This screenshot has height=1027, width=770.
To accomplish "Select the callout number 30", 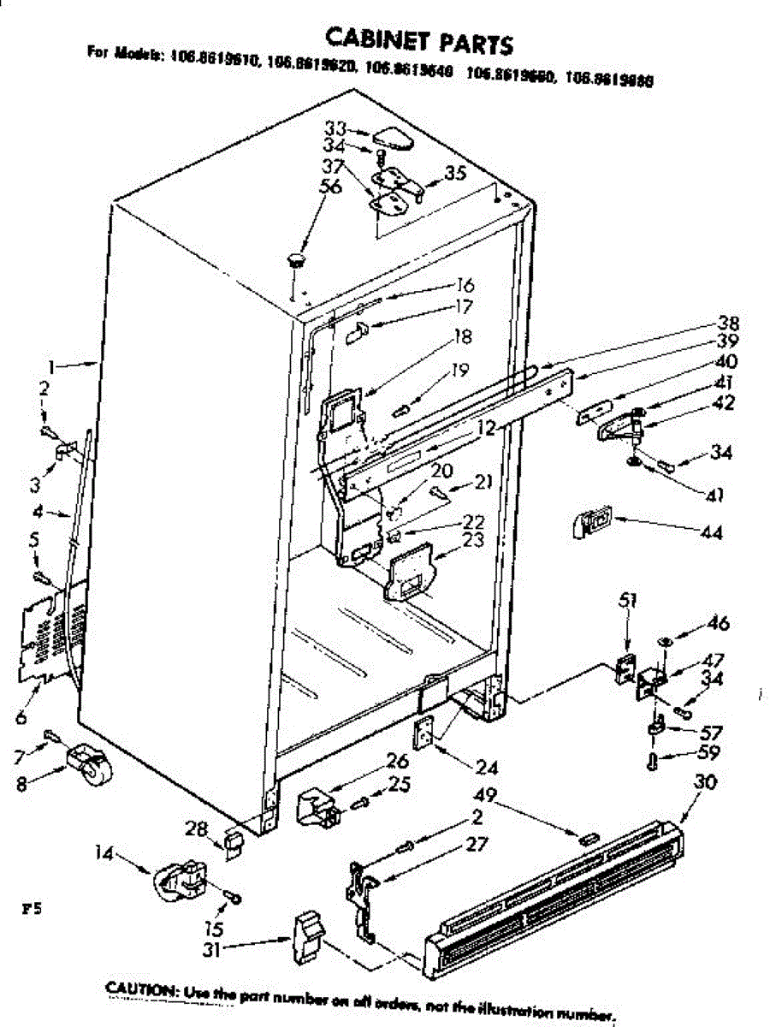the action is (706, 782).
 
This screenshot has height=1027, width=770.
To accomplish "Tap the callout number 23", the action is (473, 541).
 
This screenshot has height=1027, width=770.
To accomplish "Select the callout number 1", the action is (52, 366).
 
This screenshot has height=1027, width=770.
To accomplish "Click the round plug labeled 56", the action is (296, 258).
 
